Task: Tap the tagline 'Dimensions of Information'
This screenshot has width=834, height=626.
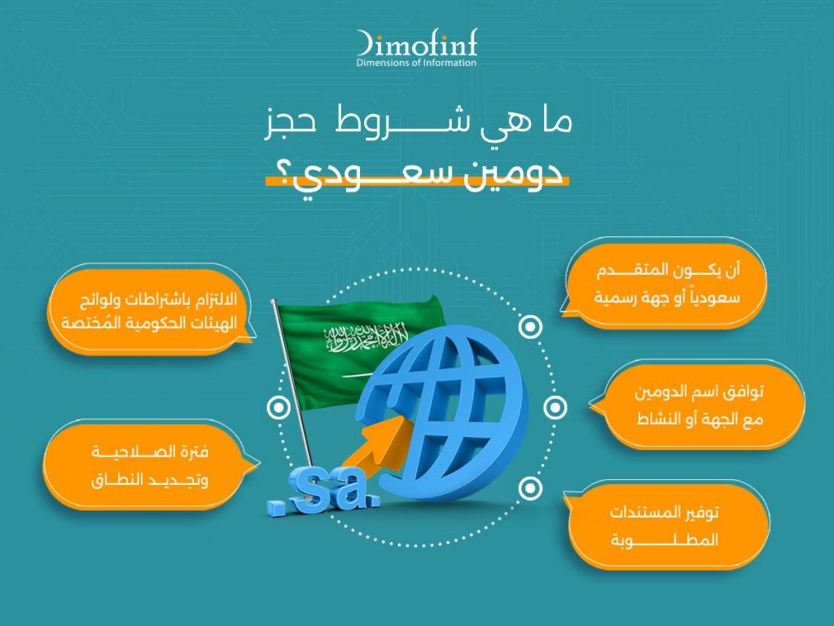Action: click(416, 63)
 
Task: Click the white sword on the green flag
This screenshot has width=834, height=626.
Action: click(355, 375)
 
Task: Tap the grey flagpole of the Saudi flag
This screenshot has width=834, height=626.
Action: click(292, 383)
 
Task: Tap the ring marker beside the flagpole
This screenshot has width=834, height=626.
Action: click(279, 408)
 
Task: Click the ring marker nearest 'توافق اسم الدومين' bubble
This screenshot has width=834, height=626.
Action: click(555, 408)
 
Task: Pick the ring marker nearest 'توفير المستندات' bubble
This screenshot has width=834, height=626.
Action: click(529, 488)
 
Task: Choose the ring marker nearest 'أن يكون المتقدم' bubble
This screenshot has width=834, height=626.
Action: click(529, 327)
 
